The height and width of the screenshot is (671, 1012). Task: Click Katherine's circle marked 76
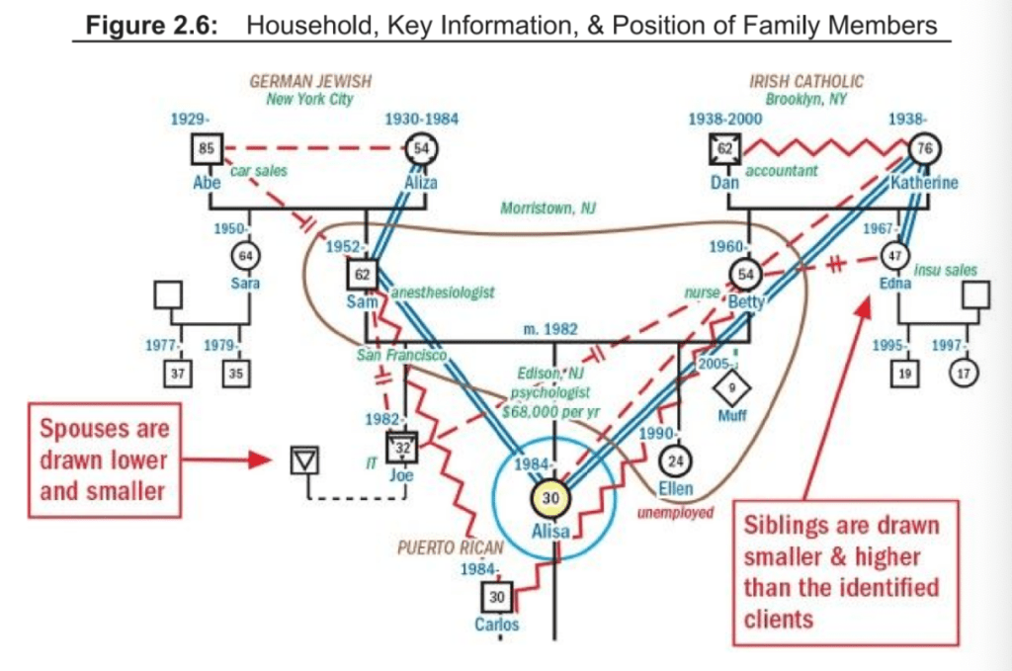(926, 150)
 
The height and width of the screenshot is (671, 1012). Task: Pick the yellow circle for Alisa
(552, 498)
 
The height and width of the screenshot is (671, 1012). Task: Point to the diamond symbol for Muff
(732, 384)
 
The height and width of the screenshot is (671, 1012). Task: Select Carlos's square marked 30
(498, 597)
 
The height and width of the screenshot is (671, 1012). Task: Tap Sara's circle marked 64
(246, 257)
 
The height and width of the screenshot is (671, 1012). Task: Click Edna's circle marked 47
(894, 255)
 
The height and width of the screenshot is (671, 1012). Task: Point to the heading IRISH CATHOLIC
(806, 82)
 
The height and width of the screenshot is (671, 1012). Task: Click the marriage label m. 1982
(553, 328)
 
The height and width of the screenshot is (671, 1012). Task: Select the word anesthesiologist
(442, 293)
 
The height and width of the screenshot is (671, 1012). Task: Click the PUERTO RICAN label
(450, 546)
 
